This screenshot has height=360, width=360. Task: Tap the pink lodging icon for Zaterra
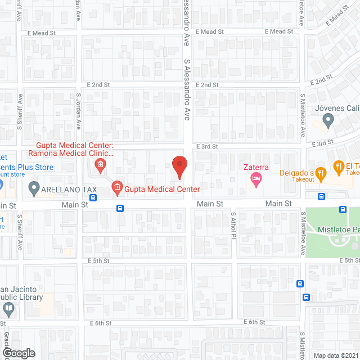[256, 180]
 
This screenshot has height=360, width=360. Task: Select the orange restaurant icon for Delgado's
[321, 173]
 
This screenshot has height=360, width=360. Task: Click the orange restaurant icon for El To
[339, 166]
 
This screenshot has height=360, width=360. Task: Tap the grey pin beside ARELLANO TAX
[34, 188]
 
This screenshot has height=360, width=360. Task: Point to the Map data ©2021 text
[335, 355]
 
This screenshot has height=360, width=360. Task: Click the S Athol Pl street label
[233, 224]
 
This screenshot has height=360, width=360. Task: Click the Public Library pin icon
[8, 308]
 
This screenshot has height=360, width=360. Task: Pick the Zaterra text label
[256, 167]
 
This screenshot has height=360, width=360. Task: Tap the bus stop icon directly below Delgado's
[321, 197]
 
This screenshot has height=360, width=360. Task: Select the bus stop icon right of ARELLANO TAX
[93, 197]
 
